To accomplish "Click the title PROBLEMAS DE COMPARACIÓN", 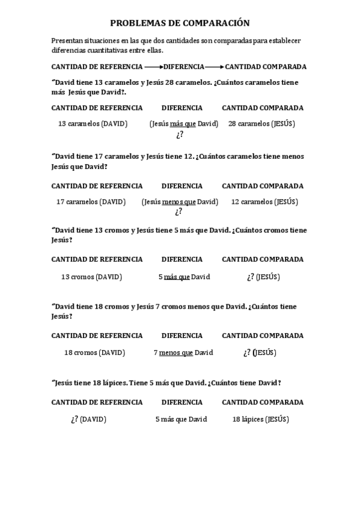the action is pos(179,23).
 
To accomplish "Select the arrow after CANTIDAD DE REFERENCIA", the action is pos(153,67).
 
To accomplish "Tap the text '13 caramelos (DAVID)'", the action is pos(93,124).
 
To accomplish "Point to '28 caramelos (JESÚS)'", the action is pos(261,124).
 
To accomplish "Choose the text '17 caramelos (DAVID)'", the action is pos(91,202).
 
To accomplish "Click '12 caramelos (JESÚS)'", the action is pos(264,202).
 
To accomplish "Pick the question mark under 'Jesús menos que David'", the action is pos(178,212).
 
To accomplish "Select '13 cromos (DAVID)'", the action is pos(91,277).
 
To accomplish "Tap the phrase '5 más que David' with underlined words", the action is pos(184,277).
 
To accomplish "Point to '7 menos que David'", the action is pos(183,352).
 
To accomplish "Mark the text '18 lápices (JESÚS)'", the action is pos(260,419).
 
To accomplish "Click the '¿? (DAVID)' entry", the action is pos(88,419).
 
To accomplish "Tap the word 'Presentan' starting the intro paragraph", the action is pos(66,40).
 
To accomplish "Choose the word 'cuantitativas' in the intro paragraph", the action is pos(108,50).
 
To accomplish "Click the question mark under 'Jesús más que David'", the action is pos(179,135).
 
